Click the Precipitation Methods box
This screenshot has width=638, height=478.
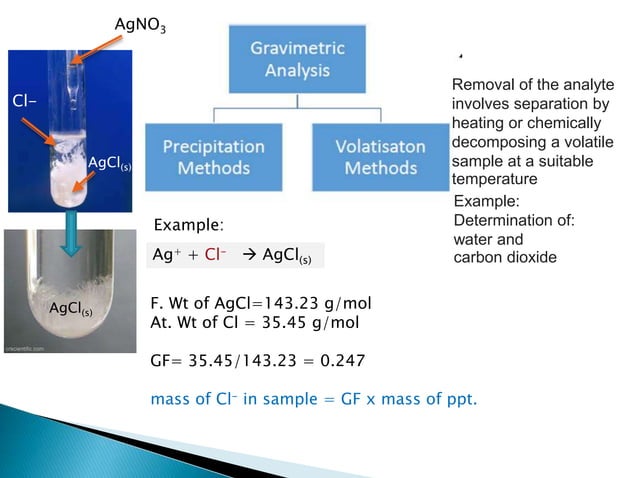tap(213, 156)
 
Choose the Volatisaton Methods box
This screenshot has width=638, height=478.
tap(379, 156)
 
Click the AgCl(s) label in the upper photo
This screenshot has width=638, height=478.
tap(109, 162)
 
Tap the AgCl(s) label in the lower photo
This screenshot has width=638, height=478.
tap(73, 312)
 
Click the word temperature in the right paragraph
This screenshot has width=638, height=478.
tap(495, 180)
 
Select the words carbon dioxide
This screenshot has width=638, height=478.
tap(504, 257)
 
